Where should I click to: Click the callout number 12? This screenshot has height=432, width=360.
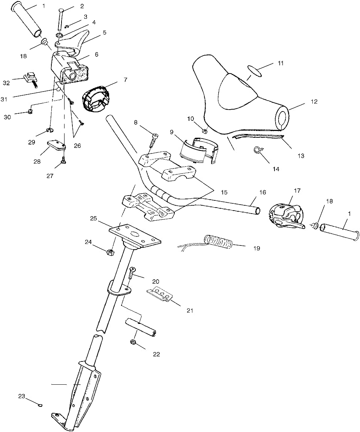pyautogui.click(x=314, y=101)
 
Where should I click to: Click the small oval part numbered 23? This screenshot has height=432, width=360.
pyautogui.click(x=40, y=405)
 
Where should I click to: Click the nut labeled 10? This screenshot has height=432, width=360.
pyautogui.click(x=205, y=131)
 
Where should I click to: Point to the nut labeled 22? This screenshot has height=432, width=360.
pyautogui.click(x=133, y=342)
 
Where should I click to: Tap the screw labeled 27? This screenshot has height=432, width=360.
pyautogui.click(x=63, y=162)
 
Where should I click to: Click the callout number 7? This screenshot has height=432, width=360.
pyautogui.click(x=125, y=80)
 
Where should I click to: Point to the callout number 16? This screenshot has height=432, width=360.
pyautogui.click(x=262, y=192)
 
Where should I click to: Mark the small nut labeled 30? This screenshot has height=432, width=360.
pyautogui.click(x=30, y=112)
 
